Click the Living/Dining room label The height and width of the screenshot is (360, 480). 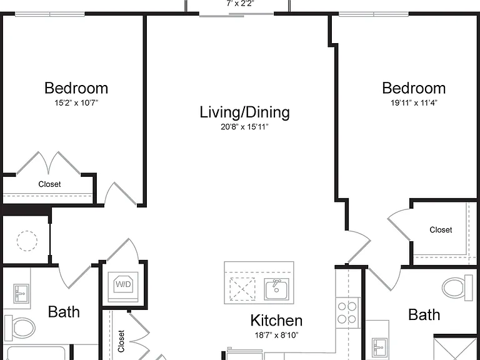pos(244,112)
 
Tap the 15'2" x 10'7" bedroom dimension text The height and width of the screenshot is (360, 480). pos(76,103)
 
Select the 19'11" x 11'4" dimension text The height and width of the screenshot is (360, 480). pos(414,103)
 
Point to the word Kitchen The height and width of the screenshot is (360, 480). pos(276,321)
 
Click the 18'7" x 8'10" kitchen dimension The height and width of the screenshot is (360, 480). pos(276,335)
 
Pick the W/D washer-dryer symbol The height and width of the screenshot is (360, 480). pos(123,284)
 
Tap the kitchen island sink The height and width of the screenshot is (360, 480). pos(277,289)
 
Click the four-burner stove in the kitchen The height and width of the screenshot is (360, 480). pos(347,312)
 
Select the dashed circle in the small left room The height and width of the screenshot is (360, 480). pos(27,241)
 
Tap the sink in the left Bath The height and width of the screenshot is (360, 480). pos(21,294)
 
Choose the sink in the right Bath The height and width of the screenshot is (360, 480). pos(380,347)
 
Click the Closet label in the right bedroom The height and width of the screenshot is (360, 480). pos(441,230)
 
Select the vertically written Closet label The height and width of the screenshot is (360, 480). pos(121,341)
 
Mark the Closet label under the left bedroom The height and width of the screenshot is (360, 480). pos(49,184)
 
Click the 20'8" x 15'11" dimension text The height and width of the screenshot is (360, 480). pos(244,127)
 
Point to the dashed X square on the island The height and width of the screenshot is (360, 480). pos(242,289)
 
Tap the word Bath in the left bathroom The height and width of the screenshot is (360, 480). pos(64,312)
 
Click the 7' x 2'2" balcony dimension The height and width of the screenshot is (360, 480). pos(240,3)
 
